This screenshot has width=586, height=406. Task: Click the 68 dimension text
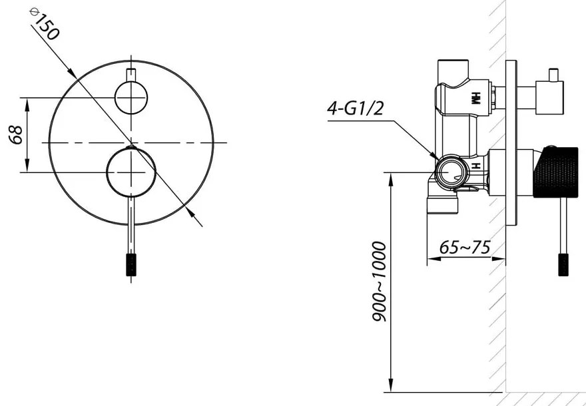pyautogui.click(x=17, y=134)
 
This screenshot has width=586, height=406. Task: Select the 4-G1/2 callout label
pyautogui.click(x=356, y=108)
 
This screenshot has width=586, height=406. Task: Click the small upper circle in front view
pyautogui.click(x=131, y=98)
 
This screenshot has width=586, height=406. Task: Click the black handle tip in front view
pyautogui.click(x=131, y=264)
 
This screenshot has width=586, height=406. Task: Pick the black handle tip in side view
pyautogui.click(x=563, y=264)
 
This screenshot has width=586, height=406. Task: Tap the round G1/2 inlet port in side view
pyautogui.click(x=451, y=172)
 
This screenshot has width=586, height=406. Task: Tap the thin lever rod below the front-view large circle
pyautogui.click(x=131, y=223)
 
